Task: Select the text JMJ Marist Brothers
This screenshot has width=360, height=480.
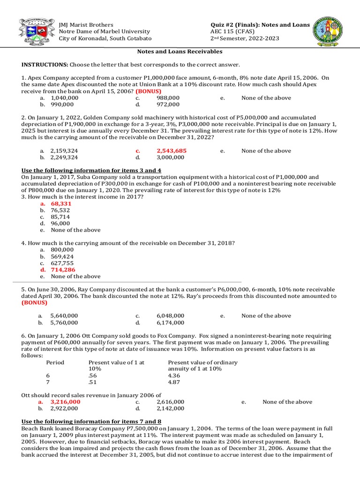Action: (x=86, y=24)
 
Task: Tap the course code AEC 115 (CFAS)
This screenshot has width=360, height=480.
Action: (x=232, y=31)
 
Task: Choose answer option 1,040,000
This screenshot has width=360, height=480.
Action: (x=65, y=98)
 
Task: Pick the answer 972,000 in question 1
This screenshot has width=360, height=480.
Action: (x=168, y=105)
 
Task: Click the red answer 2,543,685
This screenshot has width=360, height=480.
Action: (x=172, y=151)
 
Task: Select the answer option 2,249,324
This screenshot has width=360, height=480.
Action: (x=65, y=157)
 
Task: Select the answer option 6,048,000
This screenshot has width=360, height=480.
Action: (x=171, y=316)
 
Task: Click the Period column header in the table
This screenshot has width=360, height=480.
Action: (x=55, y=362)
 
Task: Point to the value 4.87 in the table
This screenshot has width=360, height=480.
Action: (x=174, y=382)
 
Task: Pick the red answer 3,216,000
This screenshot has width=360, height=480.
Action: (x=65, y=402)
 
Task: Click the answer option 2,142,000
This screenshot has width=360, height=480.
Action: (x=171, y=408)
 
